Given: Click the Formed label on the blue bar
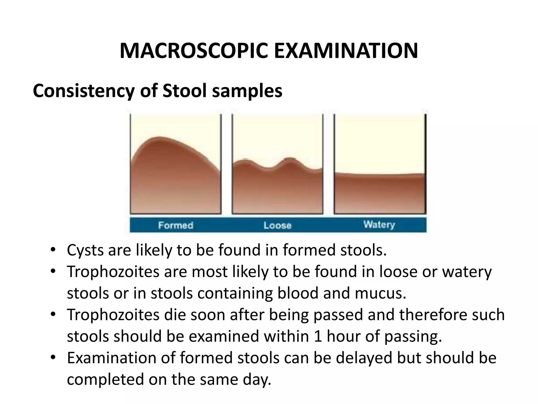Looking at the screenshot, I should point(176,225).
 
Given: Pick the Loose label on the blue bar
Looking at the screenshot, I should point(277,225).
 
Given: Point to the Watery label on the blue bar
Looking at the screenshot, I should point(379,225).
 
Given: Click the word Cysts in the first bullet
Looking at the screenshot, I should point(85,250).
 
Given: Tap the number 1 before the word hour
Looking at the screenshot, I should point(318,336).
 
